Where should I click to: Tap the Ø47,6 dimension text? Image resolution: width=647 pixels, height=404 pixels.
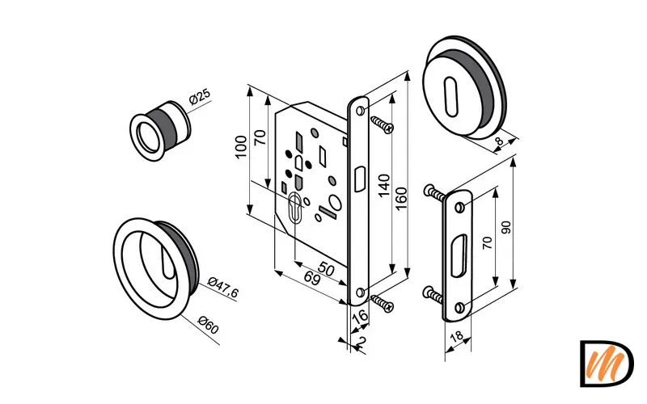pos(223,287)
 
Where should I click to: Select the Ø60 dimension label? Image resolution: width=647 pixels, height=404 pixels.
pos(209,325)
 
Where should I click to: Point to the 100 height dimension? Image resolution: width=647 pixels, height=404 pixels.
pos(240,146)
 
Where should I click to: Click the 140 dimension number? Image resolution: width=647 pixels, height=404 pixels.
pos(383,186)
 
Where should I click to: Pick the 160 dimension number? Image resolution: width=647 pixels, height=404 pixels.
pos(400,199)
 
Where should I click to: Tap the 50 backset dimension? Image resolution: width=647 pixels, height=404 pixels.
pos(326,269)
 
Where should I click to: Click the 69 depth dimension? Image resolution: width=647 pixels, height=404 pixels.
pos(312,279)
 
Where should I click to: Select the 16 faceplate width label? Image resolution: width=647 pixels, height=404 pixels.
pos(360,316)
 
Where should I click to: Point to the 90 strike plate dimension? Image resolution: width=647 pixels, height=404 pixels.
pos(506,227)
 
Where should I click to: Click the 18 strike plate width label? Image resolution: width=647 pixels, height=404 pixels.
pos(456,336)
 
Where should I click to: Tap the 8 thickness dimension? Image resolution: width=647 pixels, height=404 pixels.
pos(499,141)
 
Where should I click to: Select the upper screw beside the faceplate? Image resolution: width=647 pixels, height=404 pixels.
pos(382,125)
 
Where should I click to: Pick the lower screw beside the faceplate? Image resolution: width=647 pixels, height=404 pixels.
pos(382,303)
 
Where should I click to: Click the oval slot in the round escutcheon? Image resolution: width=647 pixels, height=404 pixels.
pos(451,96)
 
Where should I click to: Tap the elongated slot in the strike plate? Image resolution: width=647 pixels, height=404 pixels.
pos(459,255)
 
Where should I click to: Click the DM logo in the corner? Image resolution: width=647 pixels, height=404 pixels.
pos(607,364)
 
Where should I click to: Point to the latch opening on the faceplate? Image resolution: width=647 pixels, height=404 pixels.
pos(359,179)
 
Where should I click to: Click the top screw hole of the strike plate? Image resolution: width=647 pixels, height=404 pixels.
pos(459,207)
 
